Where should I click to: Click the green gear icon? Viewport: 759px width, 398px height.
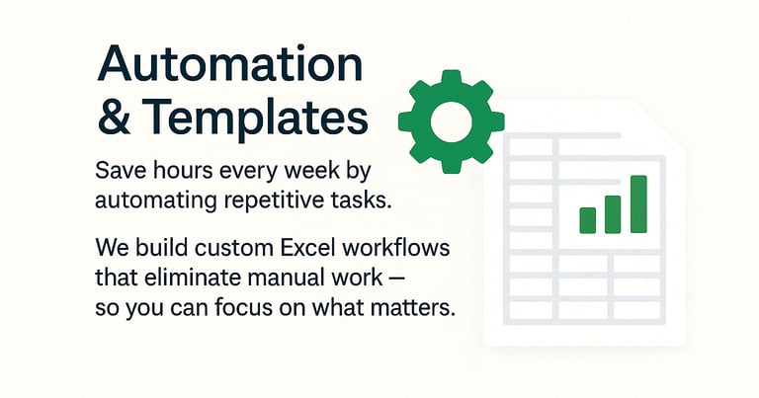click(451, 120)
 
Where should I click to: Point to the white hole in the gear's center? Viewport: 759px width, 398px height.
click(451, 120)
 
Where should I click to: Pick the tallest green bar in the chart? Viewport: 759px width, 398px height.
click(638, 204)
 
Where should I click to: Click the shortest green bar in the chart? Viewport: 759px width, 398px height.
click(588, 219)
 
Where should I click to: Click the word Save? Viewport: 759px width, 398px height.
click(119, 171)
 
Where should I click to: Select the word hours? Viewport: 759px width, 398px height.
click(181, 171)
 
